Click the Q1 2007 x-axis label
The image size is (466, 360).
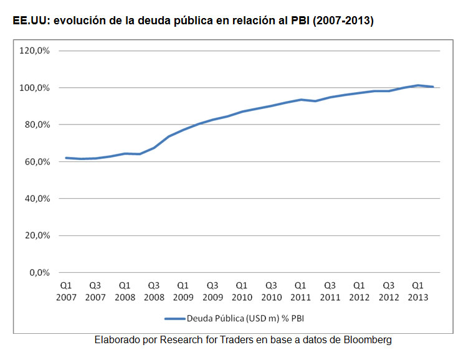66,291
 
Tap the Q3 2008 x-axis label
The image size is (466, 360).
154,291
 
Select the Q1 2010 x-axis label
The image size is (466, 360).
242,291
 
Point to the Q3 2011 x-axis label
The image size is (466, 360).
330,291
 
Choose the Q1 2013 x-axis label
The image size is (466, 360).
418,291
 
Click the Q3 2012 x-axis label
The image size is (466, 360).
389,291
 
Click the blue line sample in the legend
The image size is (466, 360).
174,318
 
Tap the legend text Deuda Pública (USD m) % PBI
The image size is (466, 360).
245,318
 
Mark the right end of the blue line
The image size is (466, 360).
433,87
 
